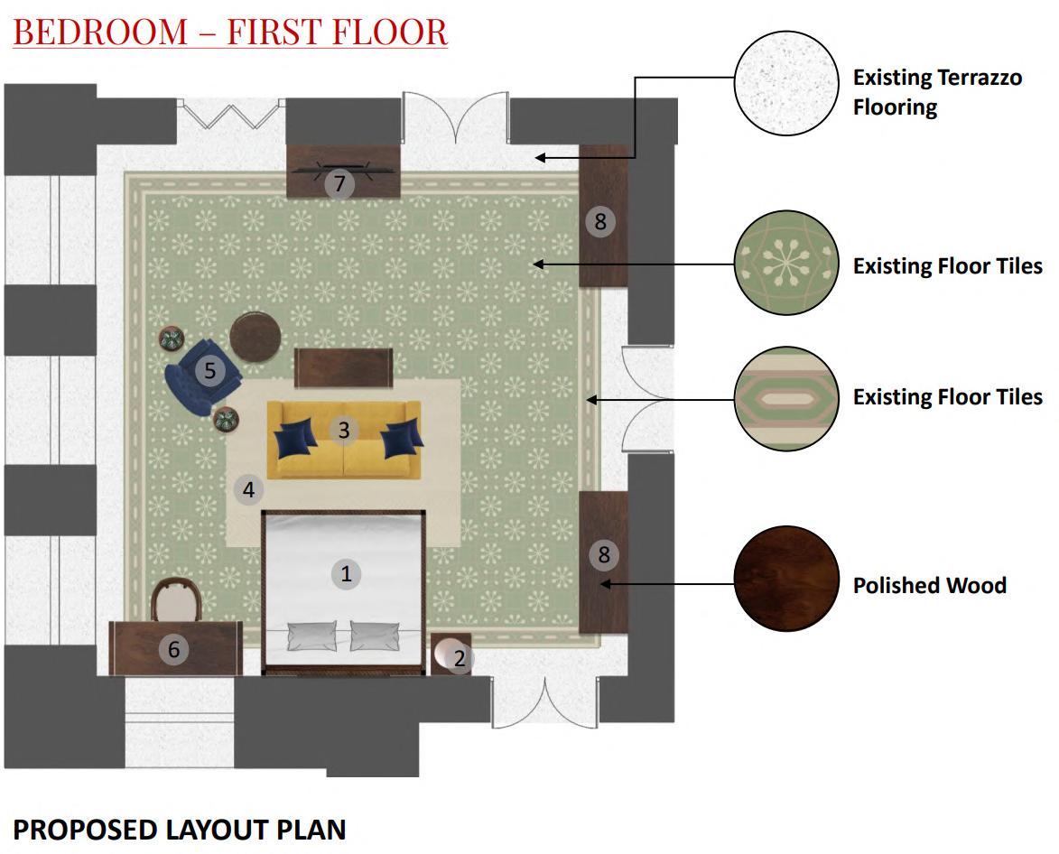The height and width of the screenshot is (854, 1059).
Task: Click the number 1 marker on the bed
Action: coord(346,574)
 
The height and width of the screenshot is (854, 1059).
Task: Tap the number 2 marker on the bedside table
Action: coord(460,657)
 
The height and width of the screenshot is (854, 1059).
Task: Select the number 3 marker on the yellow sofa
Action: coord(344,430)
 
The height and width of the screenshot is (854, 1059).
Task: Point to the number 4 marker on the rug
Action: coord(248,488)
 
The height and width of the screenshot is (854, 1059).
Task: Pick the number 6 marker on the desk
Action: coord(173,649)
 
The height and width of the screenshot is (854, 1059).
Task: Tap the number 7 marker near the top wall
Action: coord(339,183)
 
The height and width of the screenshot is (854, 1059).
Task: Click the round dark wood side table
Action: coord(255,337)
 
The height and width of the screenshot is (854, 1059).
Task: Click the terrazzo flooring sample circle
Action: coord(786,83)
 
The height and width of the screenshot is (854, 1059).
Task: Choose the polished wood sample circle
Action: coord(786,579)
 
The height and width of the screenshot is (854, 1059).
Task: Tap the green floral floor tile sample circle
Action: coord(786,263)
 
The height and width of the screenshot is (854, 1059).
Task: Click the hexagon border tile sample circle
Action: coord(786,399)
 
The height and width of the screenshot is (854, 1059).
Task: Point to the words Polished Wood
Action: coord(929,585)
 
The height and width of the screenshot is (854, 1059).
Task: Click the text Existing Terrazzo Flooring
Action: coord(937,92)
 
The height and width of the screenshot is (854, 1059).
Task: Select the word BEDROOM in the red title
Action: coord(100,32)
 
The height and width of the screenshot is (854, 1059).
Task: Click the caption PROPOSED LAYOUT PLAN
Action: coord(180,830)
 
